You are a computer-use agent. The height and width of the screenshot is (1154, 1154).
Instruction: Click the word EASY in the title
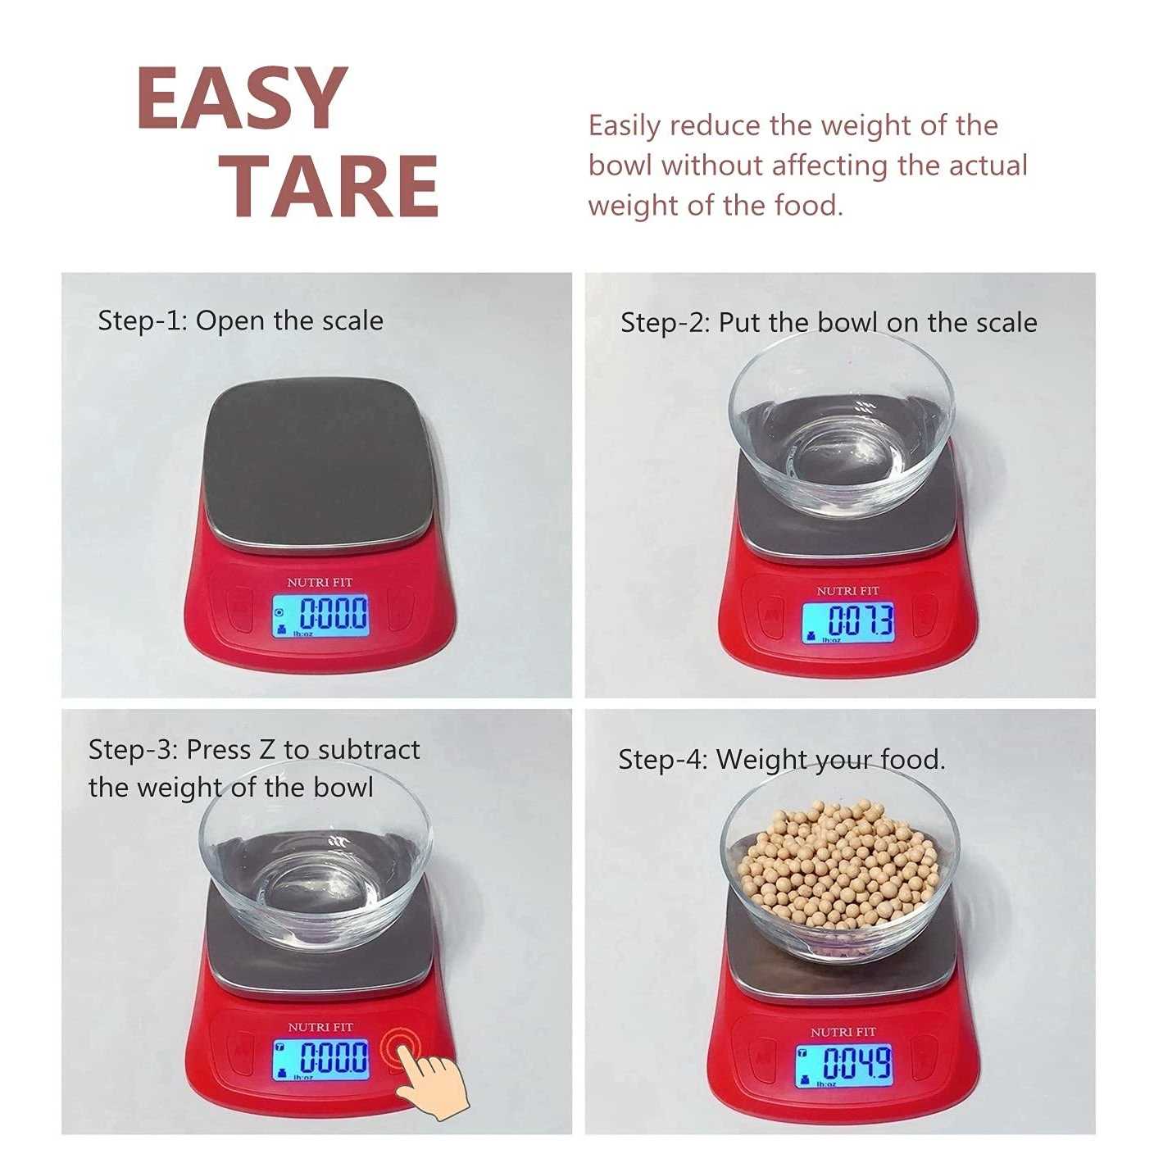tap(243, 98)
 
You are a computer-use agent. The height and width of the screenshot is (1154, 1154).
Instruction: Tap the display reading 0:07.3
tap(847, 624)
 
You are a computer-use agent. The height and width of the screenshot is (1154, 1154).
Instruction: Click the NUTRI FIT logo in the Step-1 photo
tap(320, 582)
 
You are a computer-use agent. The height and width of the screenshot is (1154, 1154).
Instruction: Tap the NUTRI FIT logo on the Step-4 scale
tap(843, 1032)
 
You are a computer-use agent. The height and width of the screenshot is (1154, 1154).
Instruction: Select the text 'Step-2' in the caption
tap(666, 324)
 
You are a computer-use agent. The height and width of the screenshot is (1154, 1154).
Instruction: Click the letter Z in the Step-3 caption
tap(267, 749)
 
